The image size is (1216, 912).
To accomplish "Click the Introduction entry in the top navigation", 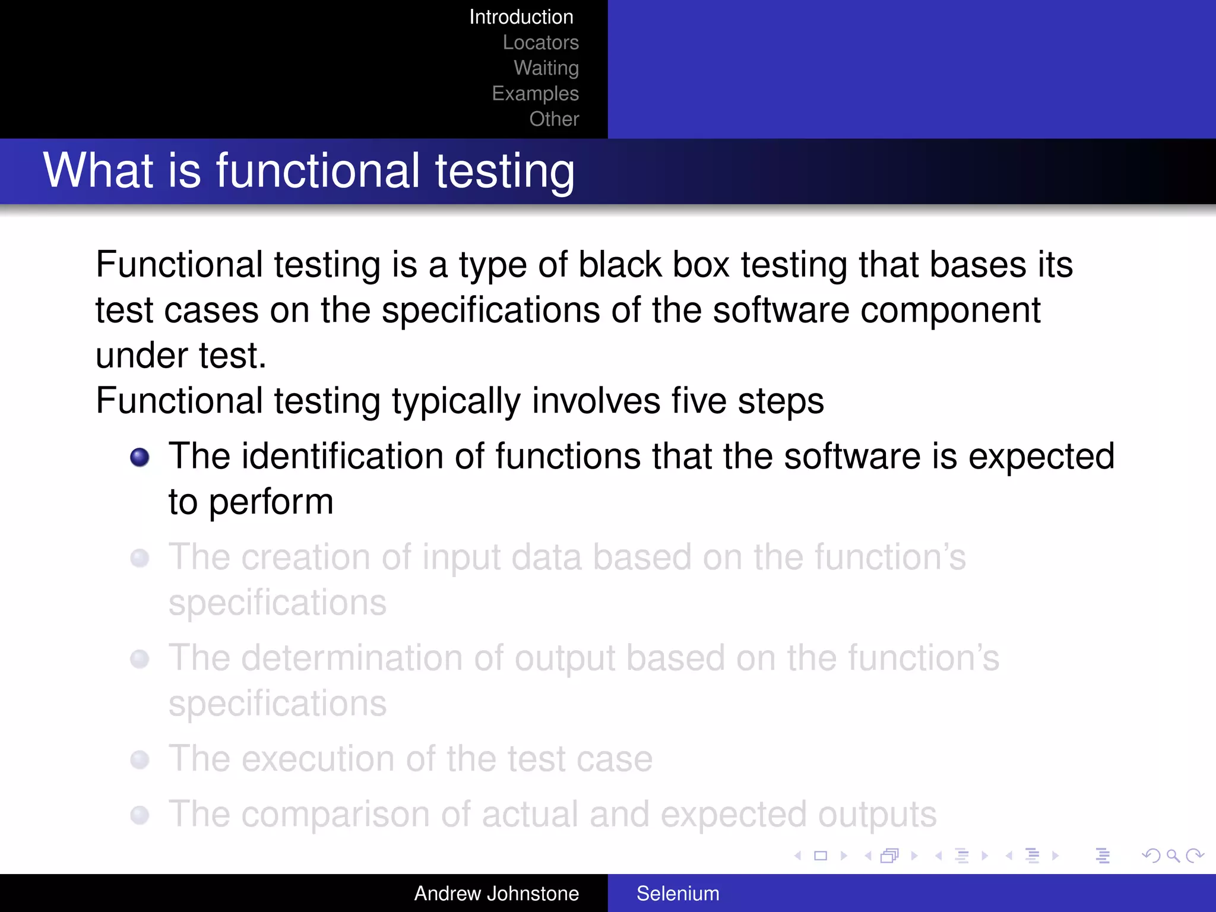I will click(x=521, y=17).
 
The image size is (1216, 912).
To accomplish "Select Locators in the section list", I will click(x=540, y=43).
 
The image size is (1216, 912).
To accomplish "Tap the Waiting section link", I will click(x=546, y=68).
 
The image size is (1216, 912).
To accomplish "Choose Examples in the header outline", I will click(x=535, y=94).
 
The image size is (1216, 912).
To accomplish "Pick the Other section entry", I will click(x=554, y=119).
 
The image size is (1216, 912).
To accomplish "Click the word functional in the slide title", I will click(x=318, y=171).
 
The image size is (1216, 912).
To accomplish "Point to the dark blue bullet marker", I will click(x=140, y=457).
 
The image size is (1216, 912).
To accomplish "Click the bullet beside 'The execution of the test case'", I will click(x=140, y=759).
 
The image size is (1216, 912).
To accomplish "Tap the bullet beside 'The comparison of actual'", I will click(x=140, y=815).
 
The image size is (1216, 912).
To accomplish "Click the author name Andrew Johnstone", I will click(x=496, y=894).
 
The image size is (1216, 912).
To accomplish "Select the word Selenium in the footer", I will click(x=677, y=894).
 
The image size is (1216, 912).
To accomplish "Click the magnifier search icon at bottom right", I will click(x=1173, y=856).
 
